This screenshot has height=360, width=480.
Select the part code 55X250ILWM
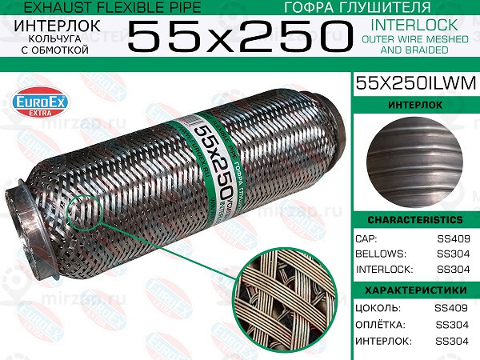(x=415, y=82)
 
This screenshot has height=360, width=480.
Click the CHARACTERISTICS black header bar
(x=415, y=220)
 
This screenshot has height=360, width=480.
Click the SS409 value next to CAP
(x=454, y=238)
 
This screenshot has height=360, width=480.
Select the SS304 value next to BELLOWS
(x=454, y=254)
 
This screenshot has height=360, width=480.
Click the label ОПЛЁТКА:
(x=382, y=324)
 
